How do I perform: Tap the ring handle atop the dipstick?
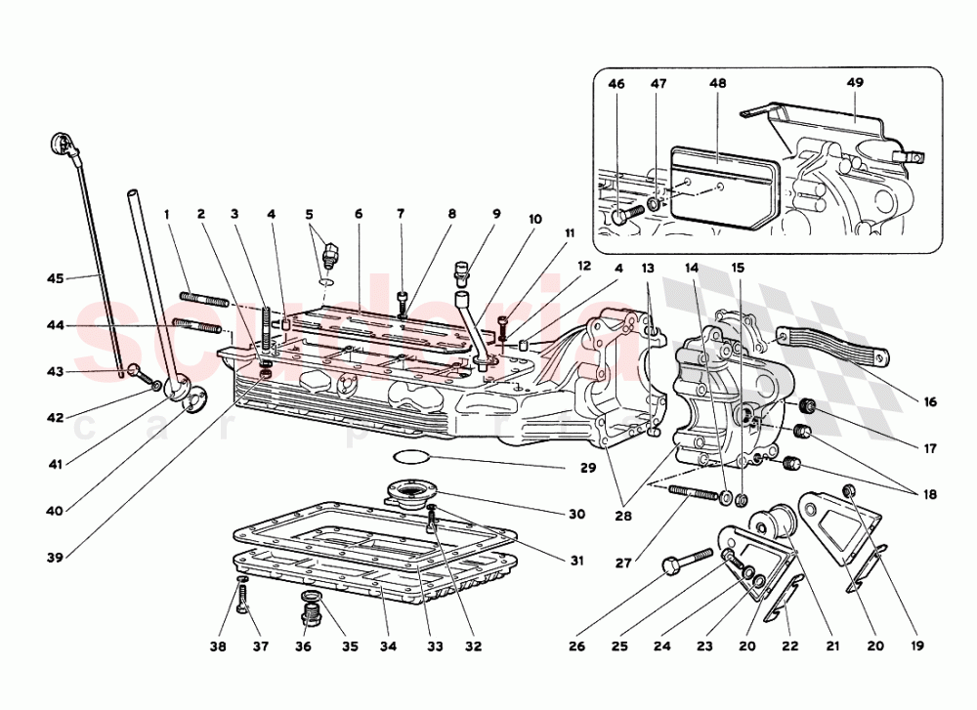[x=59, y=147]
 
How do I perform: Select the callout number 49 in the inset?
[x=855, y=84]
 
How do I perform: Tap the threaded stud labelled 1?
[x=203, y=299]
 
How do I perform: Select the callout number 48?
[x=718, y=84]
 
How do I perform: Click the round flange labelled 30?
[x=413, y=491]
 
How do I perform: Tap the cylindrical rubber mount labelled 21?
[x=779, y=519]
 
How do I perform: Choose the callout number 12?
[x=583, y=265]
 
